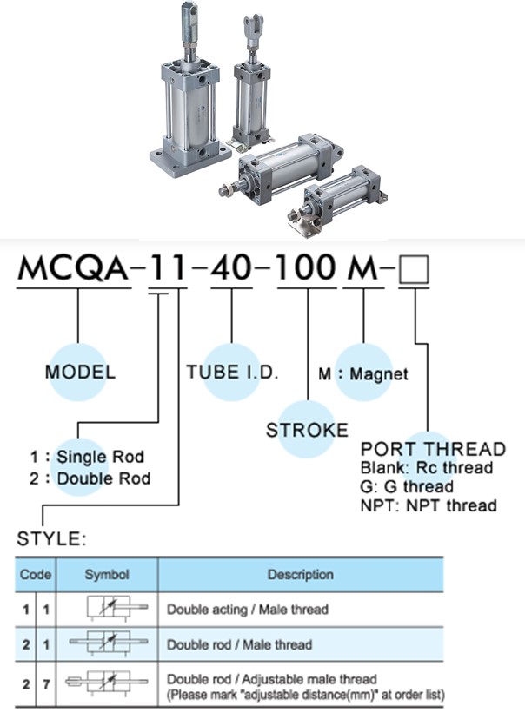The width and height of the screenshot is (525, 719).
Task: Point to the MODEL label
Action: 79,373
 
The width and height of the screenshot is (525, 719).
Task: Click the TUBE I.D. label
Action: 232,373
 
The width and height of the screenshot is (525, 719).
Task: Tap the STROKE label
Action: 307,430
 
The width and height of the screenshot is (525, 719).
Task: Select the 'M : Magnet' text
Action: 363,374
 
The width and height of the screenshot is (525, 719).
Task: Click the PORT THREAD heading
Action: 433,449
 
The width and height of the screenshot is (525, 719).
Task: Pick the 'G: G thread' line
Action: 406,486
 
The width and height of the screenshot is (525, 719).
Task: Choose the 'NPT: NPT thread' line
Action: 429,505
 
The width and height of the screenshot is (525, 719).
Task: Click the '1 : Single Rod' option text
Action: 87,457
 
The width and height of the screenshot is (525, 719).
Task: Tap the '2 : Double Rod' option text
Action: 90,478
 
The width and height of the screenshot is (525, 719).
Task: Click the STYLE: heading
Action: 51,539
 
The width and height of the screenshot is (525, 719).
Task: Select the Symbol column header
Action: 107,575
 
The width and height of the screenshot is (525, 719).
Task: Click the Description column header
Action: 300,575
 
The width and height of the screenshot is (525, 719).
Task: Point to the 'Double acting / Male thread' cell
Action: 248,610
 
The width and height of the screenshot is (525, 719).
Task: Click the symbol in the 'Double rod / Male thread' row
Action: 107,645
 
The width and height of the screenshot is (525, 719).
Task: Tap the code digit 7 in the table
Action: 43,684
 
